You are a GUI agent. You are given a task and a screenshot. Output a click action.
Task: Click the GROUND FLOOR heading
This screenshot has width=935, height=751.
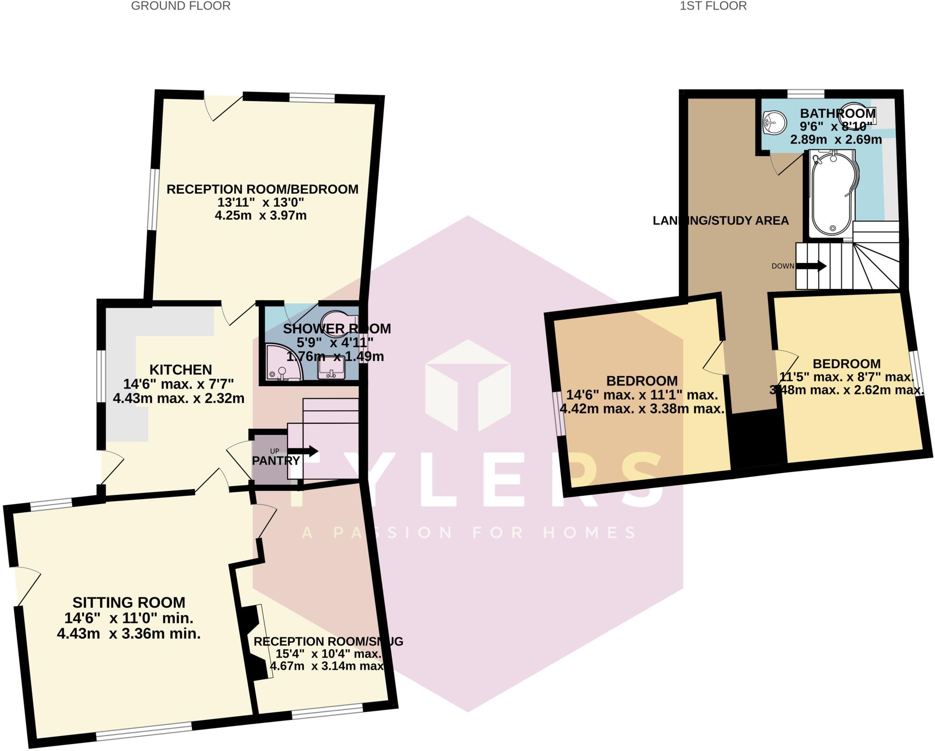180,6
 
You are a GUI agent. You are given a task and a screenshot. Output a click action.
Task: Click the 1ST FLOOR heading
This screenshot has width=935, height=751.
713,6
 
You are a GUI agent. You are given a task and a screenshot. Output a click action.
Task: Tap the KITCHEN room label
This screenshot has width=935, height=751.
181,369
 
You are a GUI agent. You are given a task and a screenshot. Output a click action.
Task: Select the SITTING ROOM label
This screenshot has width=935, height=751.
129,602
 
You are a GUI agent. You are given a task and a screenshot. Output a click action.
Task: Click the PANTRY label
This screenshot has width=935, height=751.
276,461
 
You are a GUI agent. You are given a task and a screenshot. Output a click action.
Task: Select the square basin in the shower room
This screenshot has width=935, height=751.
331,368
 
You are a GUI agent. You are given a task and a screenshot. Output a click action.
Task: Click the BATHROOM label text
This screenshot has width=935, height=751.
838,113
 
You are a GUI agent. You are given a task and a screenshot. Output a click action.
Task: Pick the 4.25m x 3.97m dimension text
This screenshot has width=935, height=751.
261,215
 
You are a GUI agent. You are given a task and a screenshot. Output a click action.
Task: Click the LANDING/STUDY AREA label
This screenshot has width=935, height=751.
720,221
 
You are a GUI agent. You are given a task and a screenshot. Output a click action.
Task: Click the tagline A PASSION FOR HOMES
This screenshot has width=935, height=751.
468,532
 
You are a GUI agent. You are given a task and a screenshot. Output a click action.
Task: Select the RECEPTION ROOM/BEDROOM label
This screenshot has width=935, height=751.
262,189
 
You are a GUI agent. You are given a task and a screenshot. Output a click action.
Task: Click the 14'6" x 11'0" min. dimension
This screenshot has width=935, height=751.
129,618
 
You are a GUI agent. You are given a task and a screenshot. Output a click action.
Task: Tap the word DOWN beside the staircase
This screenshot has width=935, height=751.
783,266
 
